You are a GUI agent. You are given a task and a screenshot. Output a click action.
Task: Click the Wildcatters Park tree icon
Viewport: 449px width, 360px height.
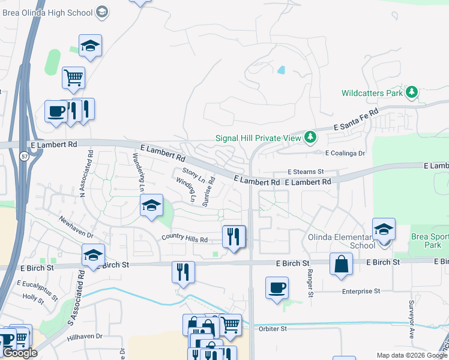(411, 92)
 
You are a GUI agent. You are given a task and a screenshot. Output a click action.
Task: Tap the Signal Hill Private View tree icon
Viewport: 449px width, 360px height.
(310, 138)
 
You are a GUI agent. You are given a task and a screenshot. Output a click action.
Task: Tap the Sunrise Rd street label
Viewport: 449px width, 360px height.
(208, 191)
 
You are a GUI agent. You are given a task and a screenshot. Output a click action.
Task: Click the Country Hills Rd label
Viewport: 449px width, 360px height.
(184, 238)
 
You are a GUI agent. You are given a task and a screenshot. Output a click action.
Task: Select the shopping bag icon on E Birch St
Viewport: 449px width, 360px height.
(341, 264)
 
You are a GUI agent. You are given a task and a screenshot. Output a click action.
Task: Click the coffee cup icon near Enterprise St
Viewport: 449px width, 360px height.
(277, 287)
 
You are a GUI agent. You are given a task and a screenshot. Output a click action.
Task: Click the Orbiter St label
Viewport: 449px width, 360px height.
(273, 329)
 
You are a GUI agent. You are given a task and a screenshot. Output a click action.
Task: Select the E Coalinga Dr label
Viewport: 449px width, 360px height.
(346, 153)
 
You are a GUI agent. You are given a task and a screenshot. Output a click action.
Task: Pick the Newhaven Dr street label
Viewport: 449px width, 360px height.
(76, 227)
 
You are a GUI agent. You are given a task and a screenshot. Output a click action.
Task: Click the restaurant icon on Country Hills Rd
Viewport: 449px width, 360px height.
(234, 236)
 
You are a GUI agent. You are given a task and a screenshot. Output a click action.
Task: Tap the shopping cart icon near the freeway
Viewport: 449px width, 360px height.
(73, 77)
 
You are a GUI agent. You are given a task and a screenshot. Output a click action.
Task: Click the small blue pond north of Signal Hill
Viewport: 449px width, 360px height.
(281, 70)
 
